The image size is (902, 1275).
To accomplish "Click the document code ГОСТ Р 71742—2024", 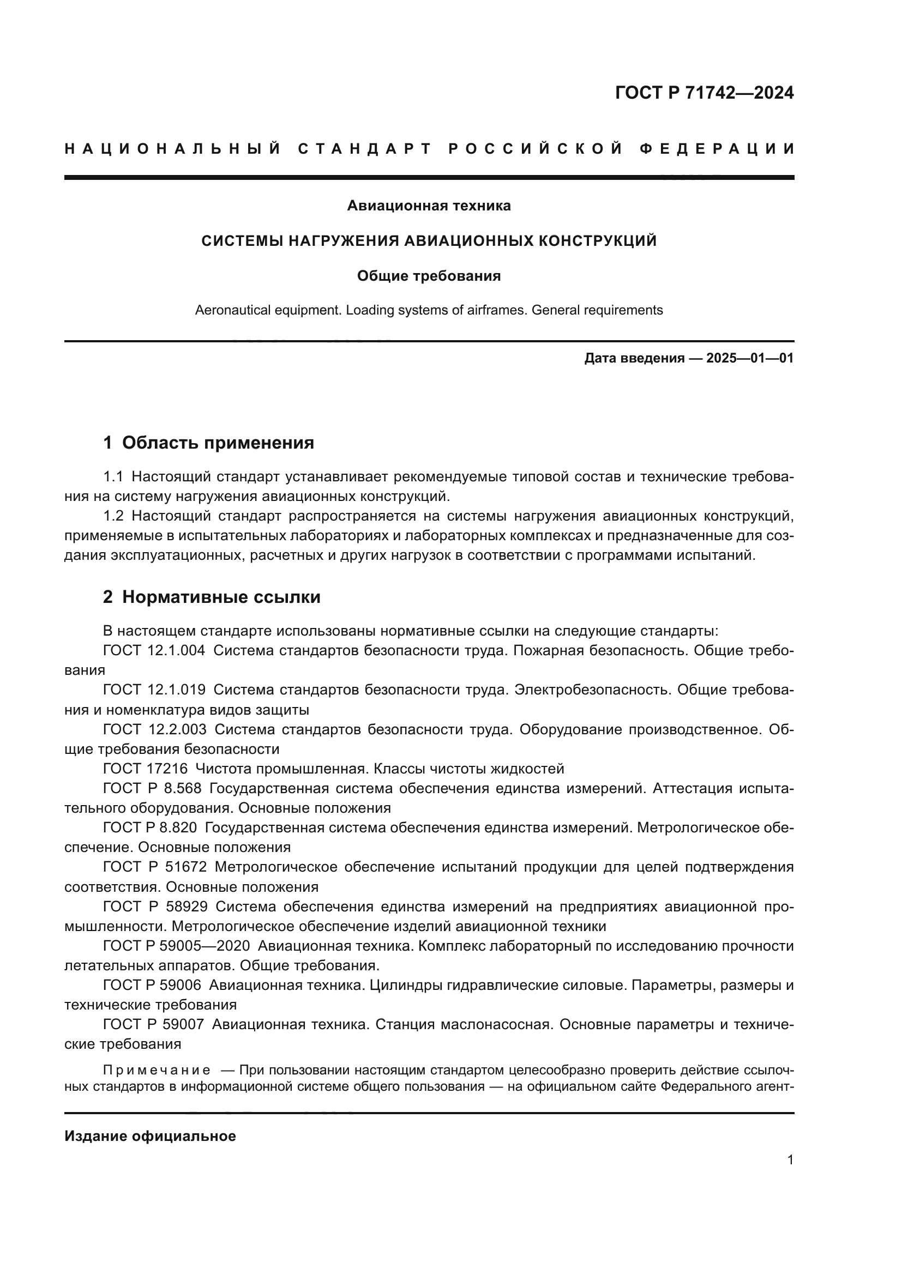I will [x=704, y=93].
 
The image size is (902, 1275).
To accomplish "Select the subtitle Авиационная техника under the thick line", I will [x=429, y=206].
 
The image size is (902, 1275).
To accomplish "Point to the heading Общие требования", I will [x=429, y=276].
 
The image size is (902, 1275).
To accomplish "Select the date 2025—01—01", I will [x=750, y=358].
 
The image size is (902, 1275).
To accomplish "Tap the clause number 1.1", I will [x=113, y=476].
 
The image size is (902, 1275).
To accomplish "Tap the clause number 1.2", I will [x=113, y=516].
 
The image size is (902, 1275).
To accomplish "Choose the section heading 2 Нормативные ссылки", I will [x=212, y=597].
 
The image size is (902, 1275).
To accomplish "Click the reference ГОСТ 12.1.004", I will [x=154, y=650].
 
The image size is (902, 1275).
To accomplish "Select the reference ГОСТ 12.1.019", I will [x=154, y=690].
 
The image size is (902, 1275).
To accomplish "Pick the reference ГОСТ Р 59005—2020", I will [x=176, y=946].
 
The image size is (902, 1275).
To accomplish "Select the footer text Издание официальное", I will [x=150, y=1136].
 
